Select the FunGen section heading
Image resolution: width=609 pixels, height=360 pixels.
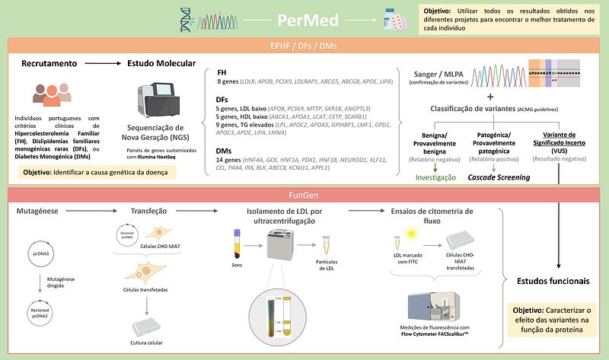coord(304,195)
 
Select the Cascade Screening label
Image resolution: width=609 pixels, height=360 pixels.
coord(499,177)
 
